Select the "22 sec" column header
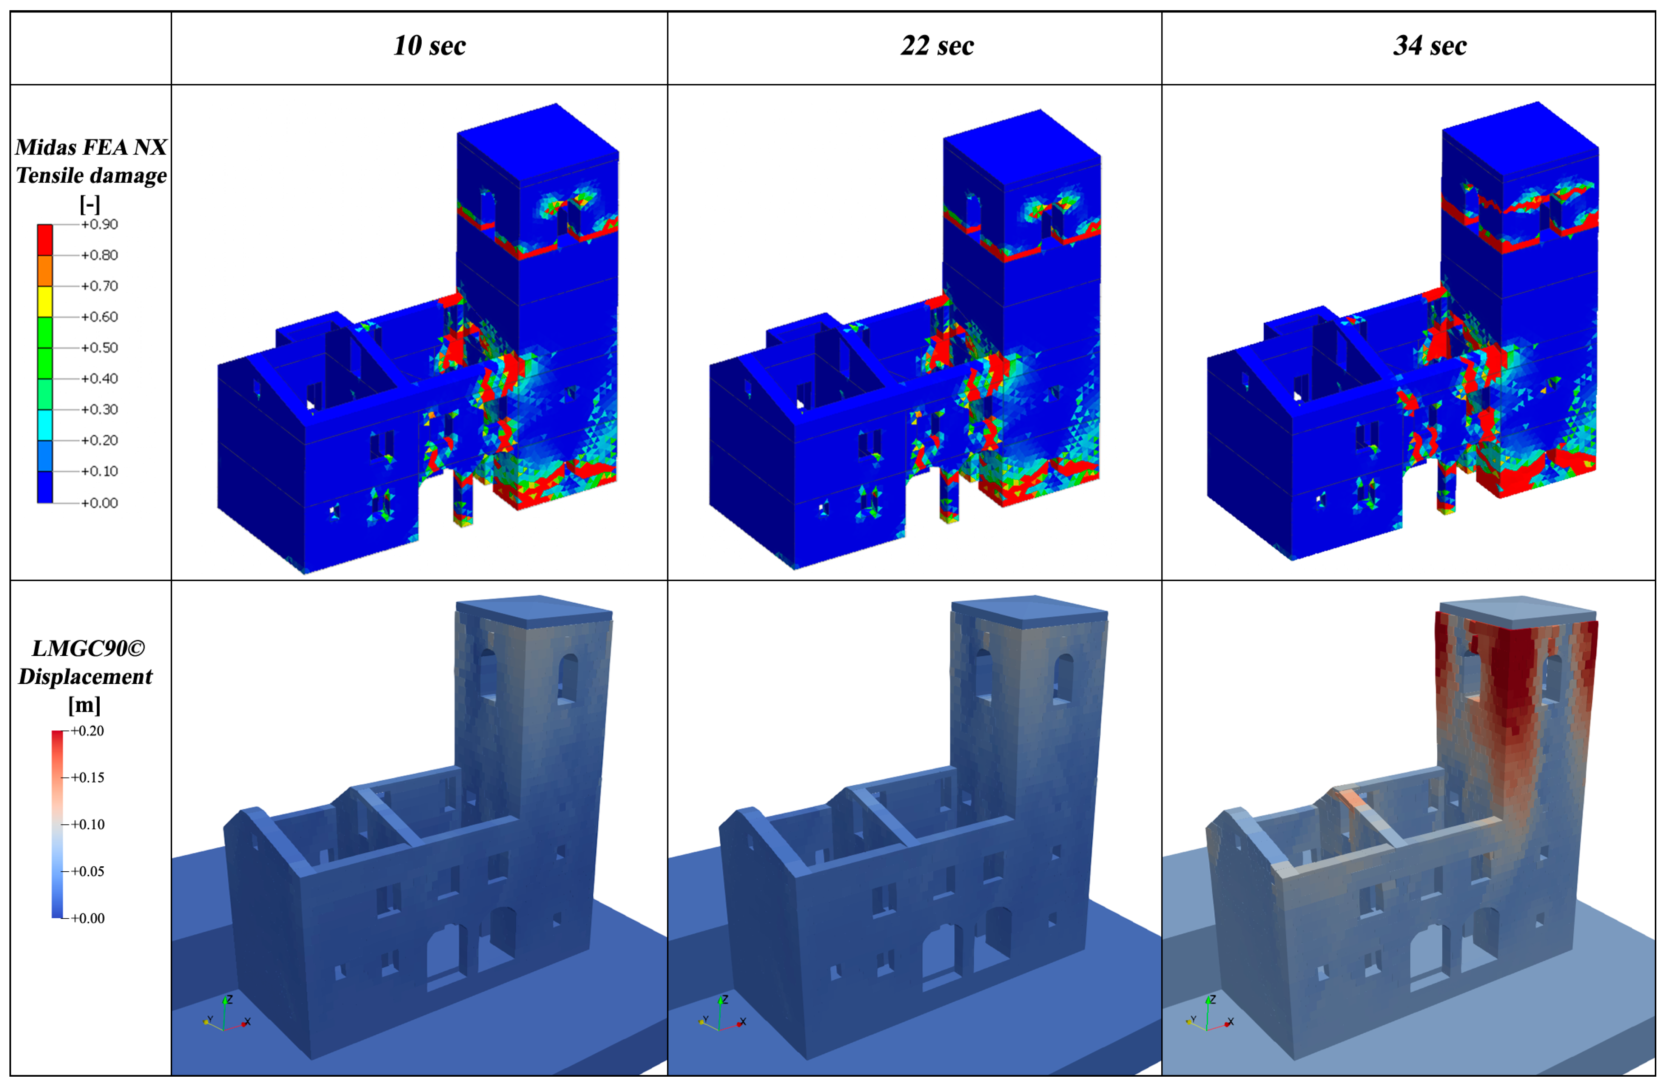pos(937,46)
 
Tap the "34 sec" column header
pos(1430,46)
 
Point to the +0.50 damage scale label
pos(99,348)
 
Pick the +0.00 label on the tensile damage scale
pos(99,503)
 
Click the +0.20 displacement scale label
pos(88,731)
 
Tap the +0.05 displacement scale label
pos(88,872)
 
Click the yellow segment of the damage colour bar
pos(45,301)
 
